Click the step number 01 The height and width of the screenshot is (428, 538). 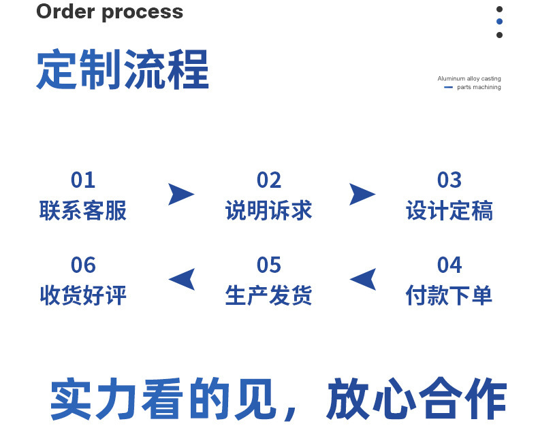coord(83,180)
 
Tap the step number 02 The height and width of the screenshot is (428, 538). coord(269,180)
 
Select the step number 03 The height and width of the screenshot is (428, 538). coord(449,180)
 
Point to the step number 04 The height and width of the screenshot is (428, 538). coord(449,265)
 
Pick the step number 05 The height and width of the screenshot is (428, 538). coord(269,265)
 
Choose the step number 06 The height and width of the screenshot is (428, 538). coord(83,265)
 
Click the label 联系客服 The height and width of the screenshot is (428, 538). coord(83,211)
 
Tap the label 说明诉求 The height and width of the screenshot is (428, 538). coord(269,211)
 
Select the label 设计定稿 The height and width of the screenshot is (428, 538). coord(449,211)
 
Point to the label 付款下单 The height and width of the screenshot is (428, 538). coord(449,295)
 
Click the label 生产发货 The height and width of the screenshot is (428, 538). coord(269,295)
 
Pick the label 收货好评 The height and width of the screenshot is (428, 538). coord(83,295)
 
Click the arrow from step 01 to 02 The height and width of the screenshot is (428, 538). coord(180,194)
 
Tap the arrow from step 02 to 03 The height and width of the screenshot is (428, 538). coord(362,194)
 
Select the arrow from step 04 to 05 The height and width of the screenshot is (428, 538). coord(362,279)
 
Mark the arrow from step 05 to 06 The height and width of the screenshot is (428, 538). coord(181,279)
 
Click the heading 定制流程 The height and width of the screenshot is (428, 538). coord(123,69)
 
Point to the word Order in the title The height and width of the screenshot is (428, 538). coord(63,12)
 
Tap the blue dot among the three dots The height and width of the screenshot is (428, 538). coord(499,22)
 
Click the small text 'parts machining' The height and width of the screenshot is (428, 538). coord(479,87)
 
